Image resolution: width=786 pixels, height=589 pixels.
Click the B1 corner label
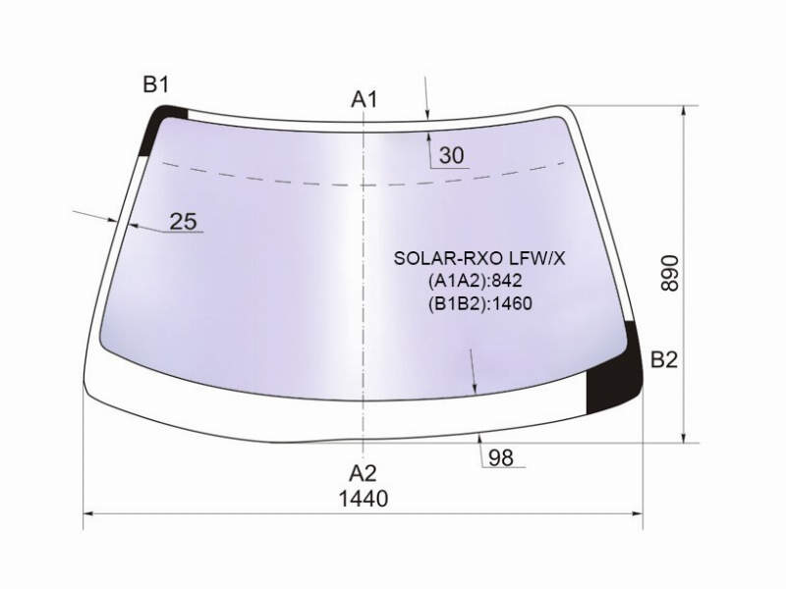(x=156, y=84)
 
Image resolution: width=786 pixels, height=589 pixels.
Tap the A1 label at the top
(x=364, y=99)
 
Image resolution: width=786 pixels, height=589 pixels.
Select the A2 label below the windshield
(x=363, y=473)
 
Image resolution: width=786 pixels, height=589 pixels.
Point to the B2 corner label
(x=664, y=359)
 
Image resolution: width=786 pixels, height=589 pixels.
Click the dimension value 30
(x=452, y=156)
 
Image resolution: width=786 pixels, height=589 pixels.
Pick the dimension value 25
(x=184, y=221)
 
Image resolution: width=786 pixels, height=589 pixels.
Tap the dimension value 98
(x=501, y=457)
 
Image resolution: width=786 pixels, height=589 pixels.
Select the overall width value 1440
(x=364, y=499)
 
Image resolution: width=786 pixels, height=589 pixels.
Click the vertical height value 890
(x=670, y=274)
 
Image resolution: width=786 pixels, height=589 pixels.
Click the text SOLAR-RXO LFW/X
(x=479, y=258)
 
